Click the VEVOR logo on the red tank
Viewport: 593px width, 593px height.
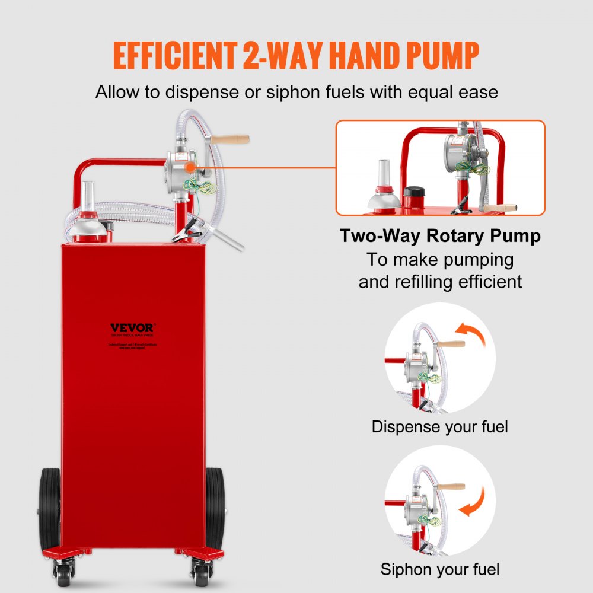tap(132, 327)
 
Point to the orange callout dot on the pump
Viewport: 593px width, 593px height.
tap(189, 168)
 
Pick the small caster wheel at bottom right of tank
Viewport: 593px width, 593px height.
tap(197, 573)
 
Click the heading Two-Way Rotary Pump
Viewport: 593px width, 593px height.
tap(440, 236)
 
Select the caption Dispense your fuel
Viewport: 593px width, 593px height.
tap(439, 426)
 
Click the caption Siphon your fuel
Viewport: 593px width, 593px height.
tap(439, 569)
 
